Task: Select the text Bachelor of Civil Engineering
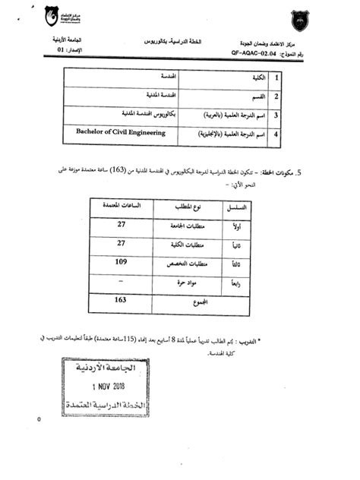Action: coord(120,132)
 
